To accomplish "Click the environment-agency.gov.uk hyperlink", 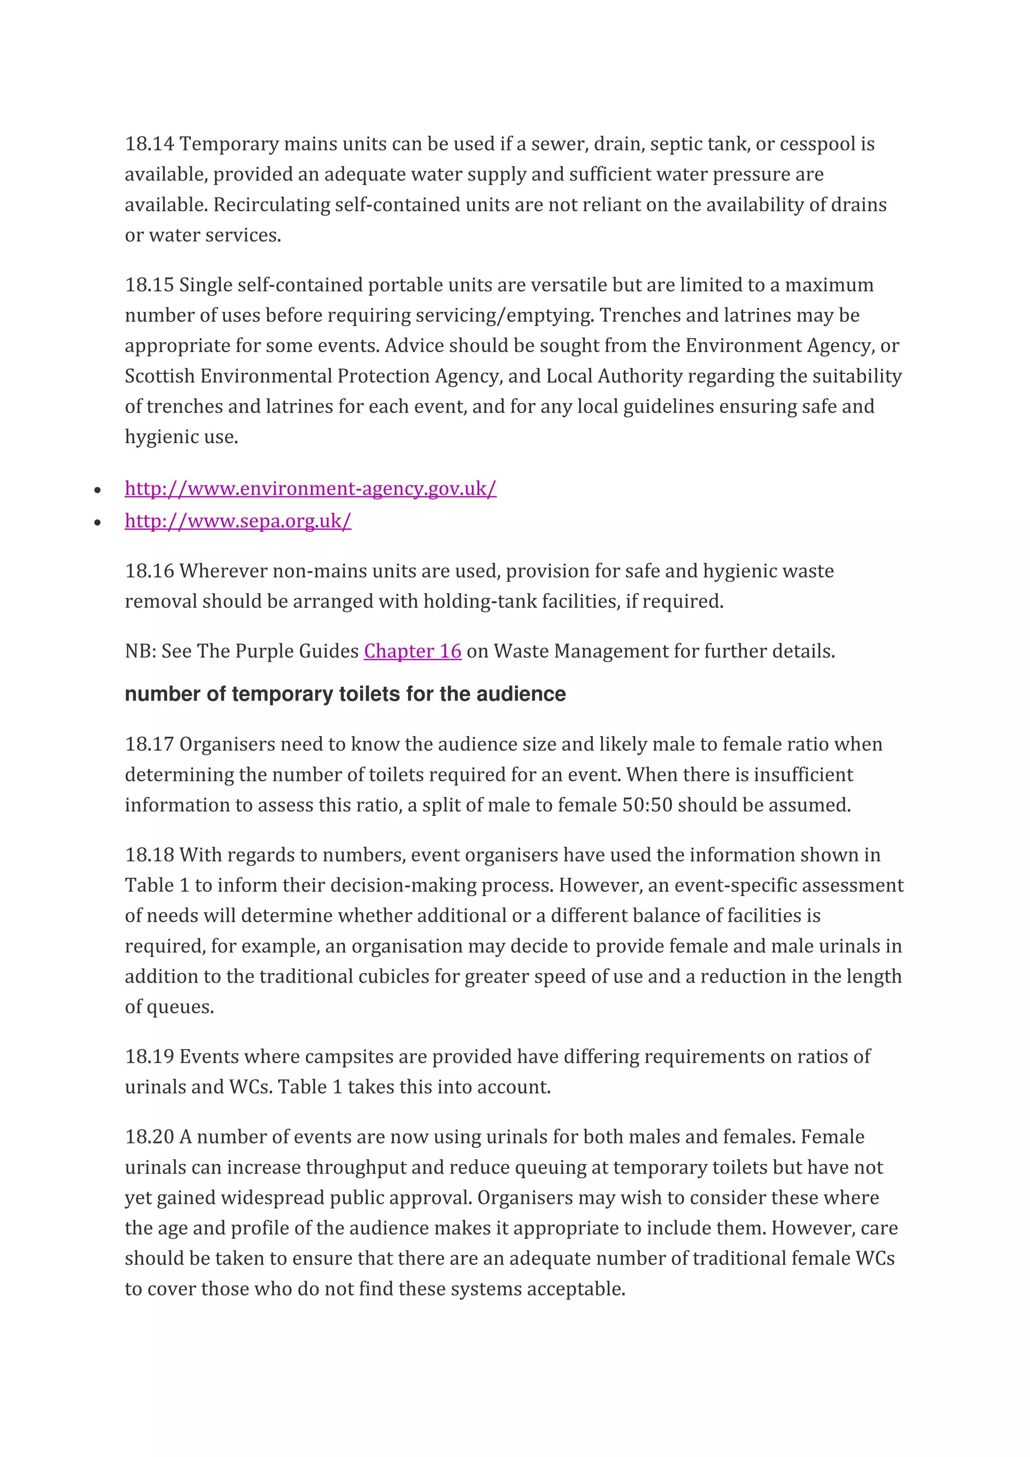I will (310, 489).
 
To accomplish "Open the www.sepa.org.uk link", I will (238, 521).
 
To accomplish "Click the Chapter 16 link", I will (412, 651).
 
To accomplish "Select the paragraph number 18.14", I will (149, 144).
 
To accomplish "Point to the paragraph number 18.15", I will (149, 285).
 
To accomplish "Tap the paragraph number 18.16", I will (149, 571).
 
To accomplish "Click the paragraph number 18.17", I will (149, 745).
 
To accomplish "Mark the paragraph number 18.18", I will (149, 855).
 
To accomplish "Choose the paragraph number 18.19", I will (149, 1057).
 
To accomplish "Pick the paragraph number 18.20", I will (149, 1137).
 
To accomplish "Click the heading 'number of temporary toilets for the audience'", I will (345, 694).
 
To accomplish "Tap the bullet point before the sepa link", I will (97, 523).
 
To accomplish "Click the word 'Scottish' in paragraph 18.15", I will (159, 376).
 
